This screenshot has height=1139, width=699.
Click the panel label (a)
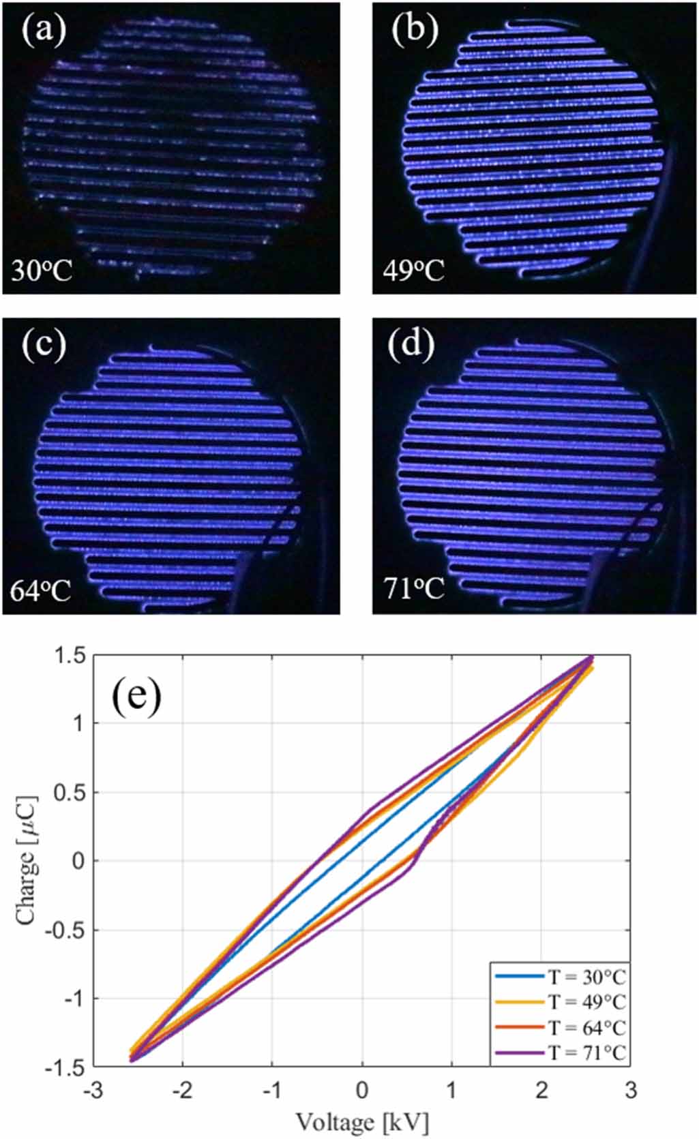[44, 31]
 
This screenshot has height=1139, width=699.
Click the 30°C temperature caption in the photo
[42, 271]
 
